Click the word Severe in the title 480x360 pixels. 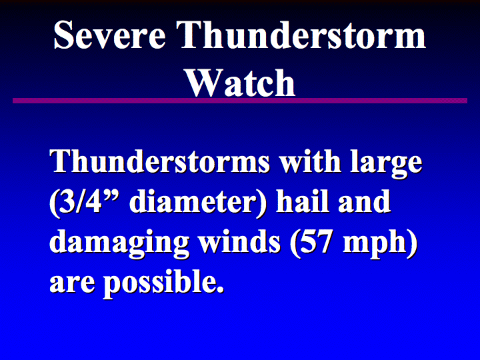pos(109,35)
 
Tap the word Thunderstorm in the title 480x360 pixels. pos(301,34)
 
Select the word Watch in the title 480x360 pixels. pos(240,83)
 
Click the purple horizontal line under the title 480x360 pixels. pos(240,101)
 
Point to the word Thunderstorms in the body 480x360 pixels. pos(159,161)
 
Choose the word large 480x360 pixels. pos(387,164)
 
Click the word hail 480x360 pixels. pos(302,201)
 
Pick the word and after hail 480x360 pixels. pos(364,201)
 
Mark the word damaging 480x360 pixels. pos(119,244)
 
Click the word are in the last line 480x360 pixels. pos(72,283)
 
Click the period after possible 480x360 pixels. pos(220,289)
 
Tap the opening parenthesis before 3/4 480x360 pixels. pos(53,203)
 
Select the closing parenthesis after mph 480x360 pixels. pos(413,244)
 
